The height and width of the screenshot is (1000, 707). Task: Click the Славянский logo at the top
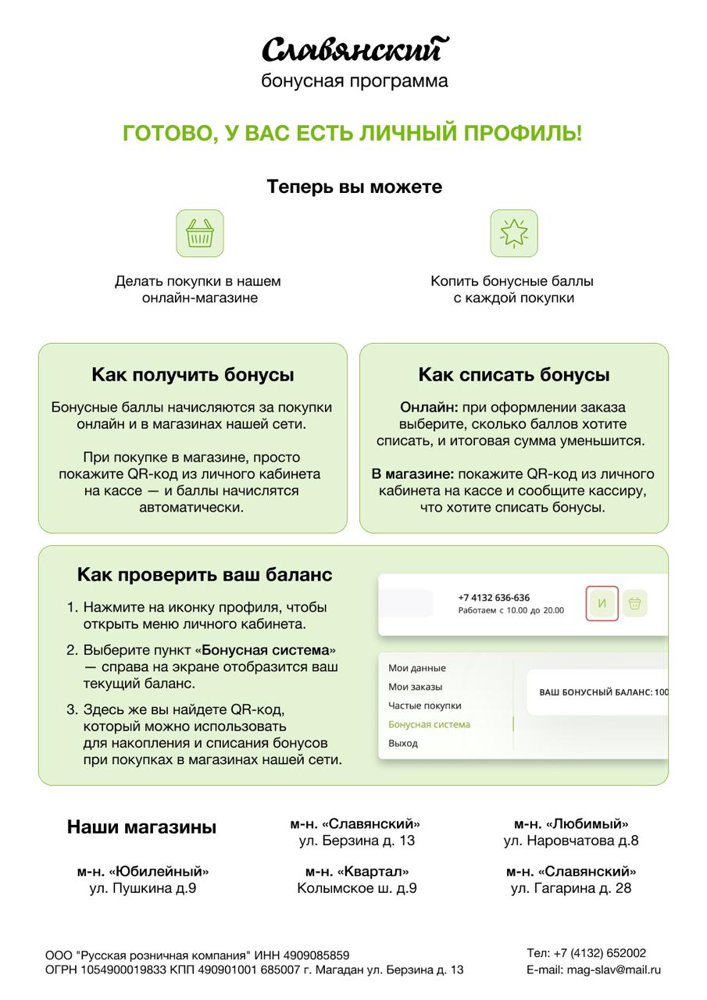coord(355,50)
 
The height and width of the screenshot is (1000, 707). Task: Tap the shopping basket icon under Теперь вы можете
coord(200,233)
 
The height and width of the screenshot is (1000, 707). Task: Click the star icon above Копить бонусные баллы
coord(514,233)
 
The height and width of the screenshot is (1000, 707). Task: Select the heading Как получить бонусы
coord(193,375)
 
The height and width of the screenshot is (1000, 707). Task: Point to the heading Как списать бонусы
coord(514,375)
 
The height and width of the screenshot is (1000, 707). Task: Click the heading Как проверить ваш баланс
coord(205,575)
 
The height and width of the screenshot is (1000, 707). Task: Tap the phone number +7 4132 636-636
coord(494,598)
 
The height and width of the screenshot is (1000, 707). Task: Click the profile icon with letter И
coord(602,603)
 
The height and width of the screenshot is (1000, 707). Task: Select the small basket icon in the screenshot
coord(635,603)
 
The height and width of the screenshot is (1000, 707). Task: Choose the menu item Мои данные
coord(417,668)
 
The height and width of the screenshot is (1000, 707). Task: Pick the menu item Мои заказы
coord(416,687)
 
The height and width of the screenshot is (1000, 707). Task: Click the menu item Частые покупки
coord(425,705)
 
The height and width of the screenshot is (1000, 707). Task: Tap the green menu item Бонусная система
coord(430,724)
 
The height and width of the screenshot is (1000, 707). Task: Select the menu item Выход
coord(403,743)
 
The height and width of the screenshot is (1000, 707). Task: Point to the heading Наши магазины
coord(141,827)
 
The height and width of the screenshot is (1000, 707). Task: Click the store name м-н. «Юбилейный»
coord(143,871)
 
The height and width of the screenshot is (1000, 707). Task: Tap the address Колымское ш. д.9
coord(357,888)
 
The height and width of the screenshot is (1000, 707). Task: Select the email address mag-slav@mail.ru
coord(614,970)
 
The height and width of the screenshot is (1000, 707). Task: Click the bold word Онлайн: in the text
coord(429,408)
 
